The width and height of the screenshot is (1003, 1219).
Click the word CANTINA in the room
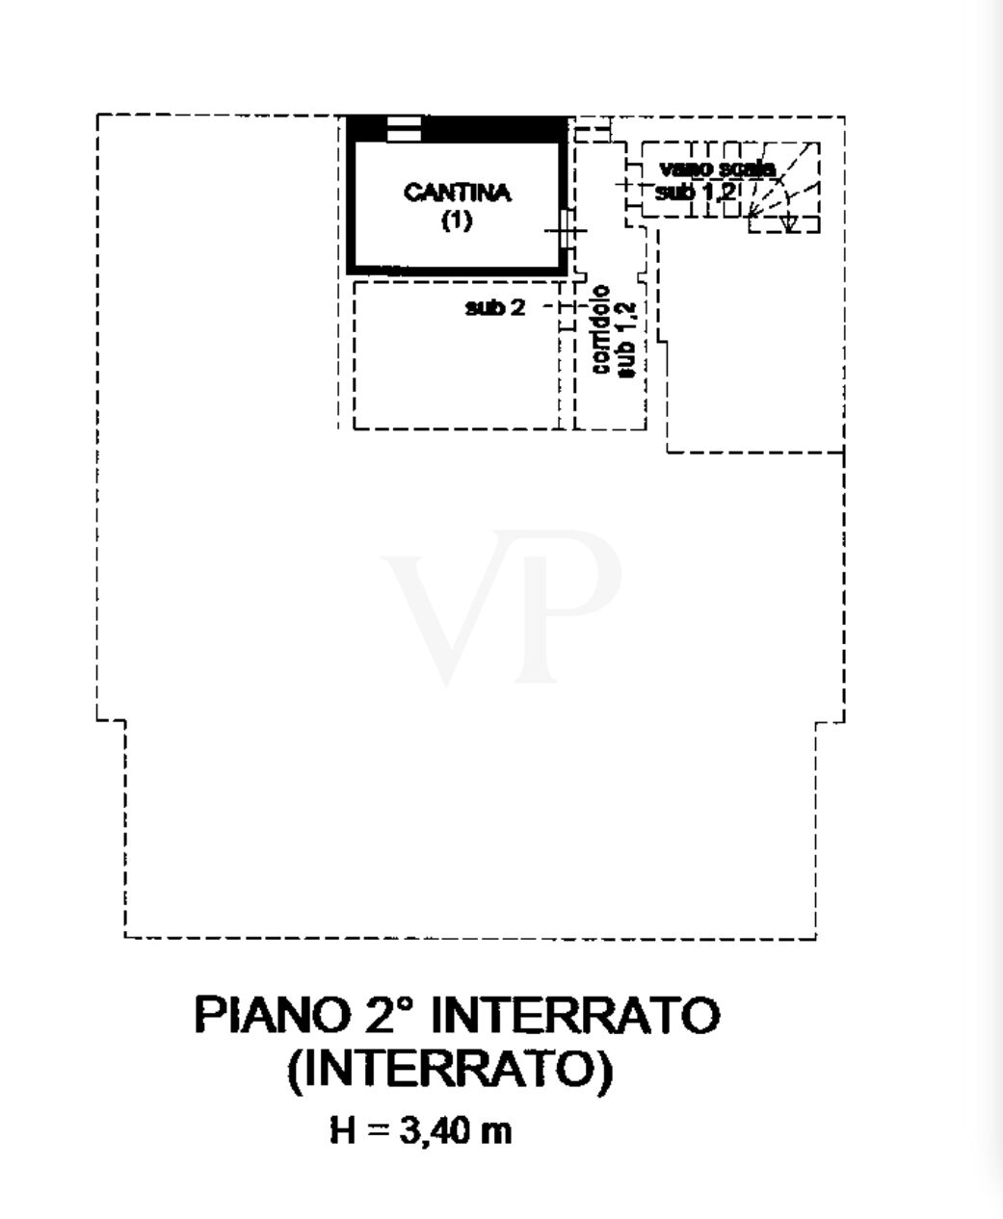[x=457, y=193]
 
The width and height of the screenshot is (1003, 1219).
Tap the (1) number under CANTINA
[x=457, y=220]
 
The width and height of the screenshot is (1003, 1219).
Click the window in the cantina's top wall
[x=404, y=129]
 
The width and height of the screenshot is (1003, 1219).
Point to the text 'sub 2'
[x=495, y=308]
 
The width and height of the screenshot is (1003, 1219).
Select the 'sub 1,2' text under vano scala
[x=696, y=191]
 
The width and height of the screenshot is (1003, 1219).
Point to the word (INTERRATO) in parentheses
[x=451, y=1069]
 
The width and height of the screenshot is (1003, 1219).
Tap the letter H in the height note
[x=342, y=1130]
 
